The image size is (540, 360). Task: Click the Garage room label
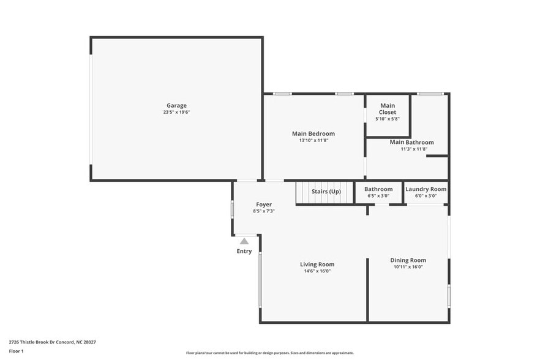(176, 105)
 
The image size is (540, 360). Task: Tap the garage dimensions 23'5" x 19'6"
(176, 112)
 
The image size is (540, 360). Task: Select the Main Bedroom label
(313, 133)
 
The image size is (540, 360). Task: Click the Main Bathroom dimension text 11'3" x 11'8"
(414, 149)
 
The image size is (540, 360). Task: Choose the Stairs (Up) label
(326, 192)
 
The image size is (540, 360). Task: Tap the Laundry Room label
(426, 189)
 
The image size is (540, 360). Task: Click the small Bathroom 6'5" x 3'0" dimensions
(378, 196)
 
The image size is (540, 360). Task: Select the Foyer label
(264, 204)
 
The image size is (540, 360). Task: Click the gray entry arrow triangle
(244, 241)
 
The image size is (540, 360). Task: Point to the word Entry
(244, 251)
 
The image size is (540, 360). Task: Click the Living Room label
(317, 264)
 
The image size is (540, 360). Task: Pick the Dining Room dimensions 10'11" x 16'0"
(408, 267)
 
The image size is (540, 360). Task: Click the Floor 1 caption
(17, 351)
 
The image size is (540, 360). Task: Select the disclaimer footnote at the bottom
(270, 353)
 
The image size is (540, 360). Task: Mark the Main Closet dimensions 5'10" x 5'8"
(388, 119)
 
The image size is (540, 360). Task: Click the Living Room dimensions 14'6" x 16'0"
(317, 271)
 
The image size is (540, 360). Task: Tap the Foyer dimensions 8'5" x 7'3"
(264, 211)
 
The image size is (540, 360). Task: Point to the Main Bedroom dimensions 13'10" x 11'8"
(313, 140)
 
